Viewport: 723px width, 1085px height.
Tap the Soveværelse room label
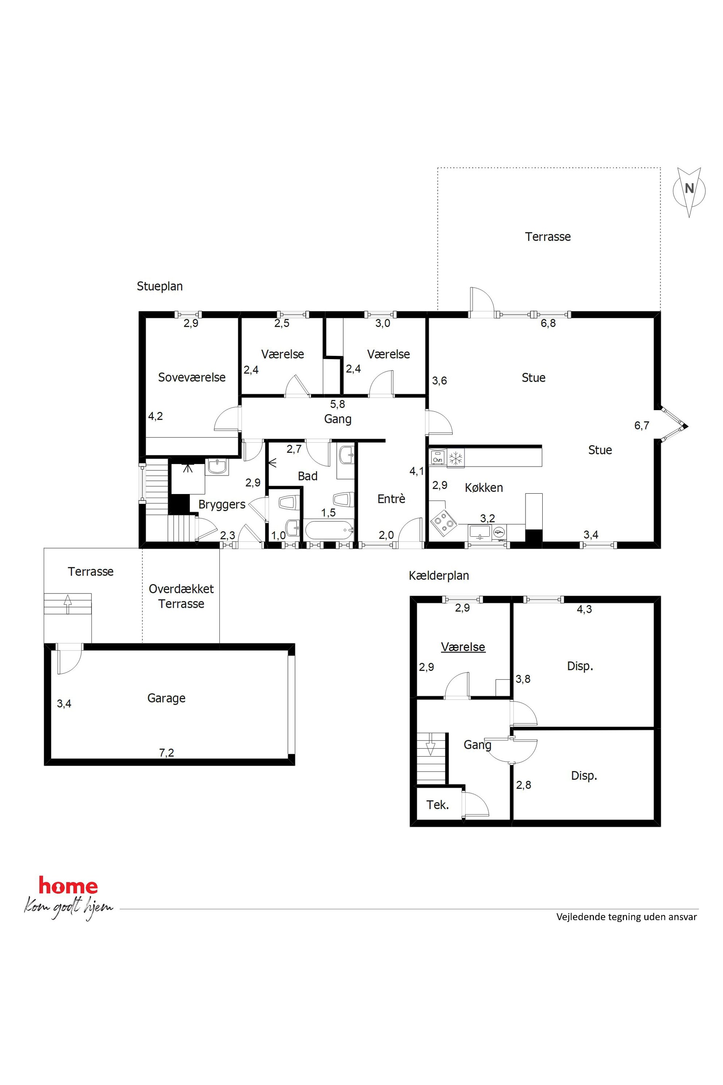coord(192,377)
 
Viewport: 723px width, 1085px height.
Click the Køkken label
coord(484,487)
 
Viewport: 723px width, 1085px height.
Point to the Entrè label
coord(391,499)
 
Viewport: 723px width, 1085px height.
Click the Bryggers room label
coord(222,505)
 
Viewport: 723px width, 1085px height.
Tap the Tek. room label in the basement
coord(438,805)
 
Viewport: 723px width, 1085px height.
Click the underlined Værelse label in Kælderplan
coord(463,647)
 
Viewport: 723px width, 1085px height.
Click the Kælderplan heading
coord(439,576)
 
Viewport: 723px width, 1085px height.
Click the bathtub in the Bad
coord(328,531)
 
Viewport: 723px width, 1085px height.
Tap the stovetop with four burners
coord(443,523)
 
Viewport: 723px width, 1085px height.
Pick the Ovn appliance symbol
coord(438,458)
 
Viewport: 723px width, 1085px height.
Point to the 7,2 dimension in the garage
coord(167,753)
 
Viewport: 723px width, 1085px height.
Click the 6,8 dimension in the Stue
coord(548,323)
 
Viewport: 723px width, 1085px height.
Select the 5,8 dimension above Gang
coord(337,404)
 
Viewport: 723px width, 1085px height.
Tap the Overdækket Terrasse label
coord(181,596)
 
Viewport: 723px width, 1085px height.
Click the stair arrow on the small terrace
coord(68,604)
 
